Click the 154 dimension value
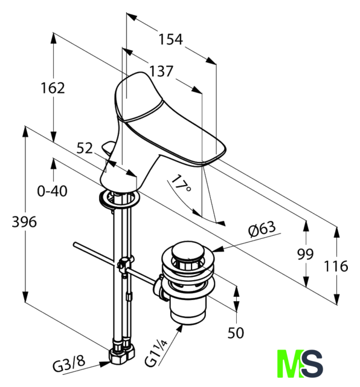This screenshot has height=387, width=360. pyautogui.click(x=170, y=39)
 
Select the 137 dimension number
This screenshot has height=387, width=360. pyautogui.click(x=161, y=71)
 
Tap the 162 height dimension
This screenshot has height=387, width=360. pyautogui.click(x=53, y=88)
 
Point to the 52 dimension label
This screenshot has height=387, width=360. pyautogui.click(x=85, y=148)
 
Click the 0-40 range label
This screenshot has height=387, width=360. pyautogui.click(x=52, y=191)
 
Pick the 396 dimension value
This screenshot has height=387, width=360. pyautogui.click(x=24, y=222)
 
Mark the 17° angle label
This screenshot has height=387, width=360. pyautogui.click(x=181, y=184)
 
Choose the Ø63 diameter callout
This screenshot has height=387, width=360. pyautogui.click(x=262, y=229)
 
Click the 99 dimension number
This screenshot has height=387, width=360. pyautogui.click(x=305, y=254)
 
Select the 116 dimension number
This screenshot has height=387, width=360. pyautogui.click(x=336, y=266)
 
